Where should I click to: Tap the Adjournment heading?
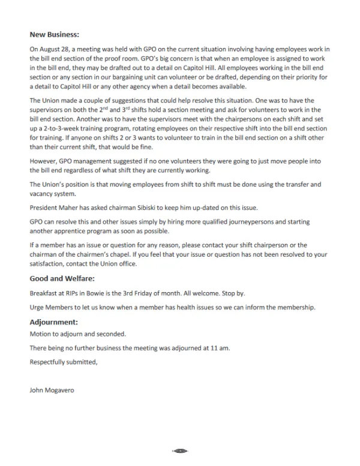pyautogui.click(x=54, y=322)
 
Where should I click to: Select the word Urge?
pyautogui.click(x=37, y=307)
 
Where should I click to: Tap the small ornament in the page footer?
pyautogui.click(x=180, y=450)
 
